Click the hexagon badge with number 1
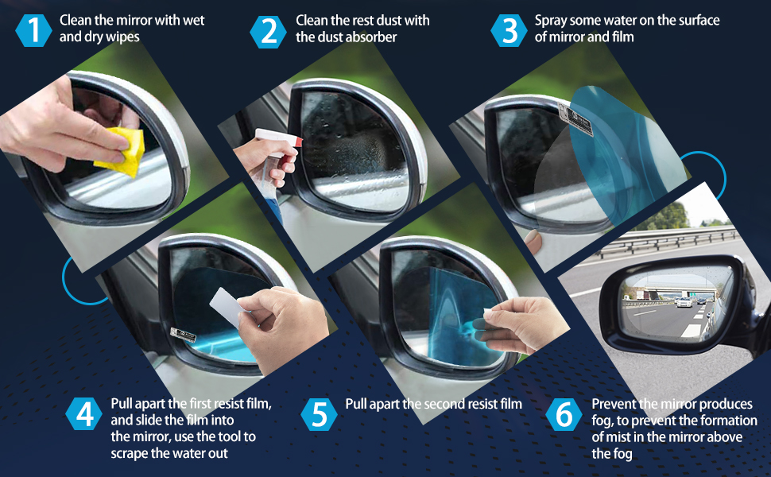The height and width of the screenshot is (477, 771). (33, 30)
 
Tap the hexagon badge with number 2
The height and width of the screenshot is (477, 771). (268, 32)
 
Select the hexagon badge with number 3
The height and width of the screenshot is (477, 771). (509, 30)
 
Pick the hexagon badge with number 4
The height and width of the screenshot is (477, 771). (84, 414)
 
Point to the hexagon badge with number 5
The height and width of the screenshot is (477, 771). (319, 414)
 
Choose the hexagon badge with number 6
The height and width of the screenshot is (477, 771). (564, 414)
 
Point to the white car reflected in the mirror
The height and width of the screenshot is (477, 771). (684, 302)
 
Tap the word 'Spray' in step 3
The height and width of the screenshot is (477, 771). (551, 21)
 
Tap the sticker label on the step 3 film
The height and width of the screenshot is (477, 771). (575, 120)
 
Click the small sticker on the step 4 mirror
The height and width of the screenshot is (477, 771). (183, 335)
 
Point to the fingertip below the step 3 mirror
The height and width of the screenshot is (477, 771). (533, 242)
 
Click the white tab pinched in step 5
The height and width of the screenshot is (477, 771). (488, 312)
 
